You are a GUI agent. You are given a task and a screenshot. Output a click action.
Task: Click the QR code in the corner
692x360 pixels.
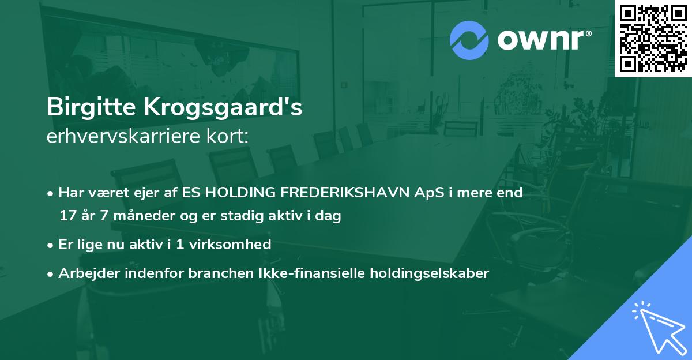pyautogui.click(x=653, y=38)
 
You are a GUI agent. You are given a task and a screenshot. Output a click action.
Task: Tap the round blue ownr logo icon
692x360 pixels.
pyautogui.click(x=469, y=40)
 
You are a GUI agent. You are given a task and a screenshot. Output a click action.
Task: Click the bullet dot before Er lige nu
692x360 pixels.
pyautogui.click(x=51, y=245)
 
